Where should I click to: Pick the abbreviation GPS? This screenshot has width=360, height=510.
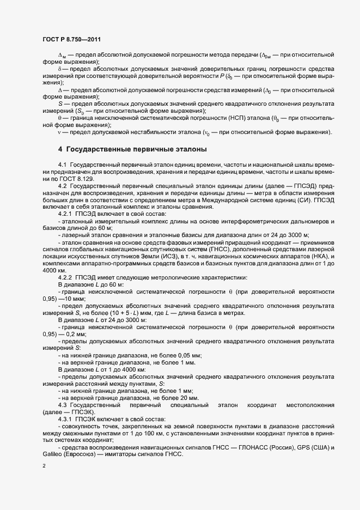(301, 448)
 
